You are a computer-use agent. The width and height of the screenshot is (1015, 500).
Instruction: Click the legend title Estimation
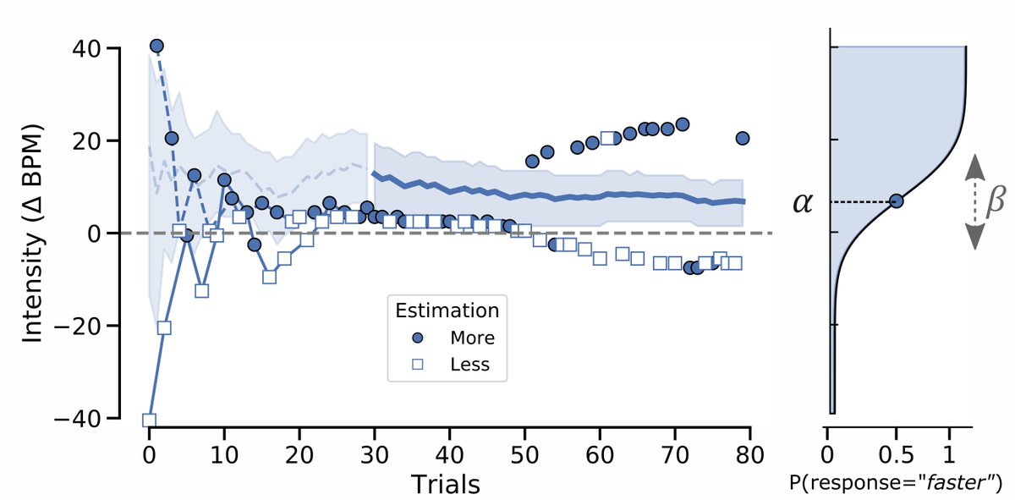point(447,310)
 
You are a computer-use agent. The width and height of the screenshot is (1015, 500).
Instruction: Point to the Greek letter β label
point(996,202)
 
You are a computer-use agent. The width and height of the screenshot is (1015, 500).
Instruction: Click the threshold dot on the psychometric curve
point(897,201)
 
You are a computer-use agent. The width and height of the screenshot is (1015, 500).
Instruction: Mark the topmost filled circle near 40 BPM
point(156,46)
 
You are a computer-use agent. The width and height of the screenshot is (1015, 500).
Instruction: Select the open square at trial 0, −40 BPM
point(150,420)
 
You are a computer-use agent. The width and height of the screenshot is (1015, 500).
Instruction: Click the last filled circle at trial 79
point(743,138)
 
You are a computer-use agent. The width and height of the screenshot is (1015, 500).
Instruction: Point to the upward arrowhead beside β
point(974,164)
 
